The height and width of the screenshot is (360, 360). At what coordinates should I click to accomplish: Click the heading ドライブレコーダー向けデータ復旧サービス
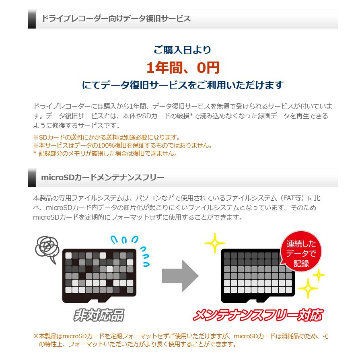coord(116,19)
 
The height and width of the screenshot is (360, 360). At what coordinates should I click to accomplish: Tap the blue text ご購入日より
coord(182,50)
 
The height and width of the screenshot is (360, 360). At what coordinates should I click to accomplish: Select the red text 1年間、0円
coord(183,68)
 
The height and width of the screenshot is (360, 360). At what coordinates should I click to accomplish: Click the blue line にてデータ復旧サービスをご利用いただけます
coord(183,85)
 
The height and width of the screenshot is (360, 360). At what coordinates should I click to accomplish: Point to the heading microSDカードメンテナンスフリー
coord(103,177)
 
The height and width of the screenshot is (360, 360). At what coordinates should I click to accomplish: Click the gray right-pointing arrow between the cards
coord(180,276)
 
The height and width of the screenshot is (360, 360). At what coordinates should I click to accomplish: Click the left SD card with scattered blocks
coord(99,276)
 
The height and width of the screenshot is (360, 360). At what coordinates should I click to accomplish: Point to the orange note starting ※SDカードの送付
coord(106,138)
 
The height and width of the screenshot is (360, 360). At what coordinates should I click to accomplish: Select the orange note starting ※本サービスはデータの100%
coord(122,145)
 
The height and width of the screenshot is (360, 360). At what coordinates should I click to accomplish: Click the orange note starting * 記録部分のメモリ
coord(105,153)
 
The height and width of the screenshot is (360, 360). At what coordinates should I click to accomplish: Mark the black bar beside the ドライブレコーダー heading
coord(32,19)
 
